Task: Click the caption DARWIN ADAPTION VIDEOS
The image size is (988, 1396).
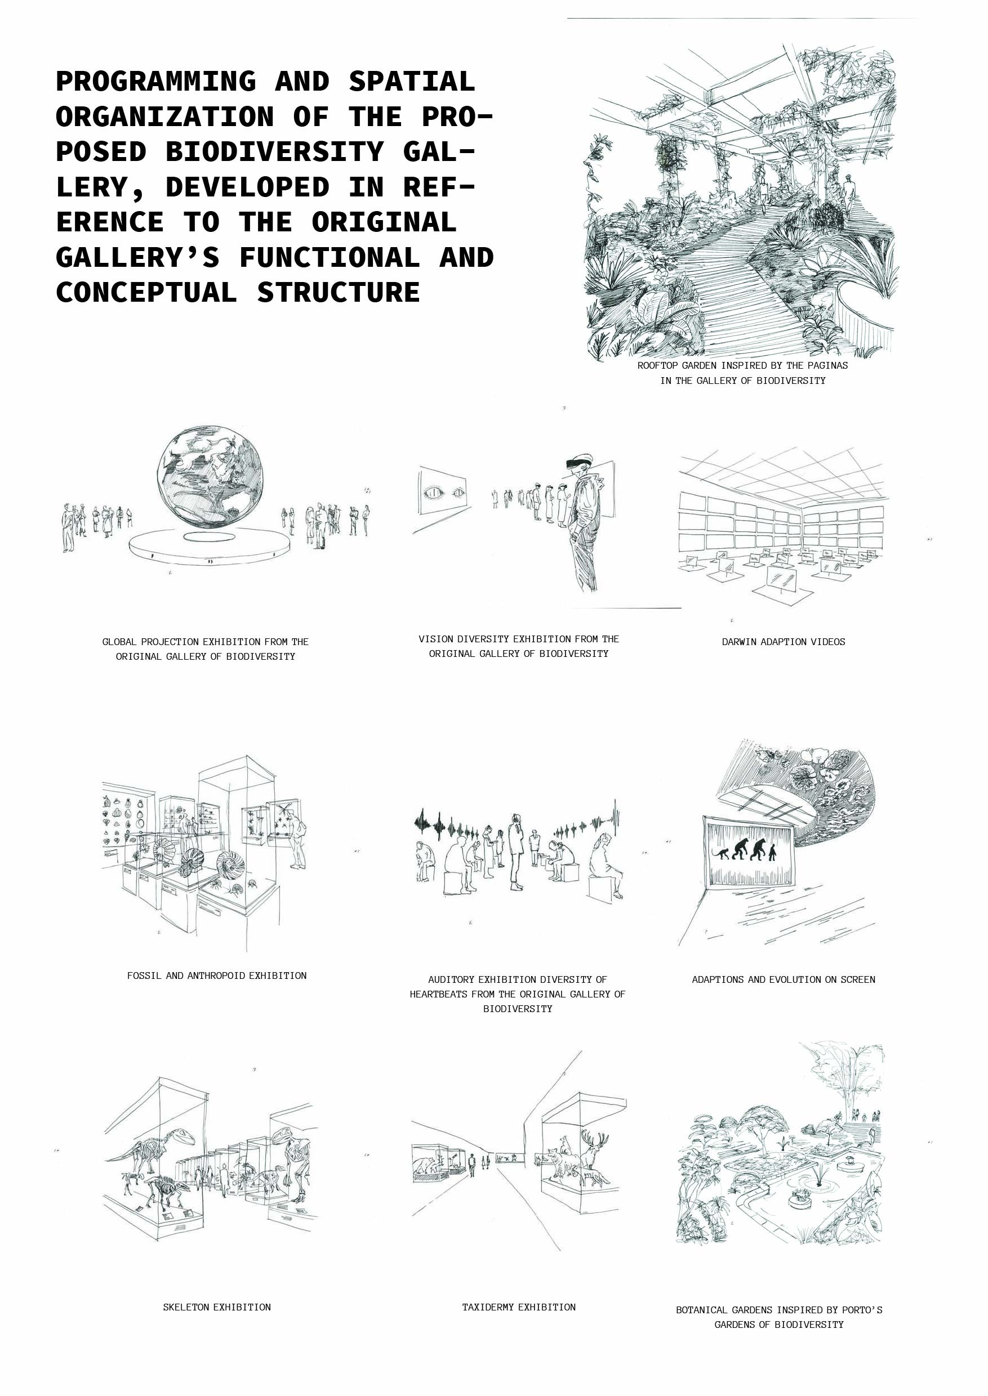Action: pyautogui.click(x=783, y=642)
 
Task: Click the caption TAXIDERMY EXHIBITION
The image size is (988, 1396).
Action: pyautogui.click(x=518, y=1306)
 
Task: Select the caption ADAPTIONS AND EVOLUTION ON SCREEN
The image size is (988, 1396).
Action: pyautogui.click(x=783, y=979)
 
